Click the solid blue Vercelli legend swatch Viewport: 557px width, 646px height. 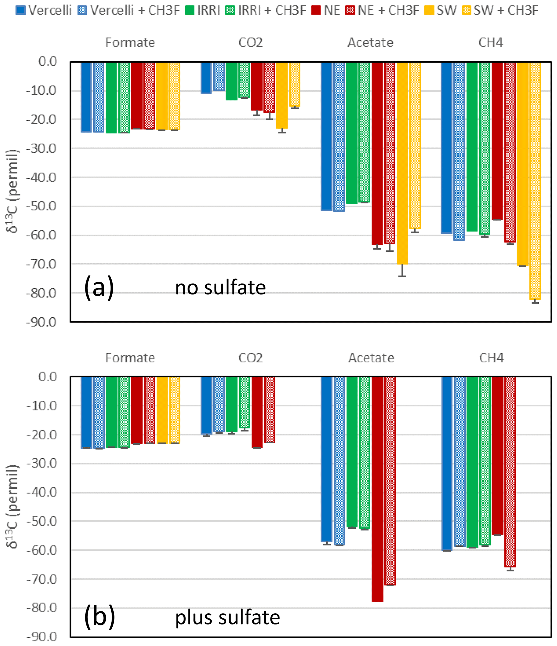point(20,10)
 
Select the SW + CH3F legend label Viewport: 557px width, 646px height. point(506,10)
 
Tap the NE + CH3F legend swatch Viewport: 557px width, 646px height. point(350,10)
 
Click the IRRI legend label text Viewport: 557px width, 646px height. point(209,10)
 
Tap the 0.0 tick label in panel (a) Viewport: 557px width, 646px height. point(47,62)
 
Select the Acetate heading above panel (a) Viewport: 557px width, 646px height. point(370,42)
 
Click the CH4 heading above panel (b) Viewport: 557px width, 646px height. point(491,358)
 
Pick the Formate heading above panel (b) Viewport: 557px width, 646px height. point(130,358)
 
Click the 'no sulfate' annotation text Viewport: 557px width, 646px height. point(220,287)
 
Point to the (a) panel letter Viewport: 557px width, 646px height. point(99,287)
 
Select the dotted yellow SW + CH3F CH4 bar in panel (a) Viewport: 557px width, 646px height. point(535,181)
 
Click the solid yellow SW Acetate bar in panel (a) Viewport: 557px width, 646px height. point(402,162)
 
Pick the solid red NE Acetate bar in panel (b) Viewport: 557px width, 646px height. point(377,489)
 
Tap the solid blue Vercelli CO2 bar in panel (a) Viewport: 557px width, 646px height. point(206,78)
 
